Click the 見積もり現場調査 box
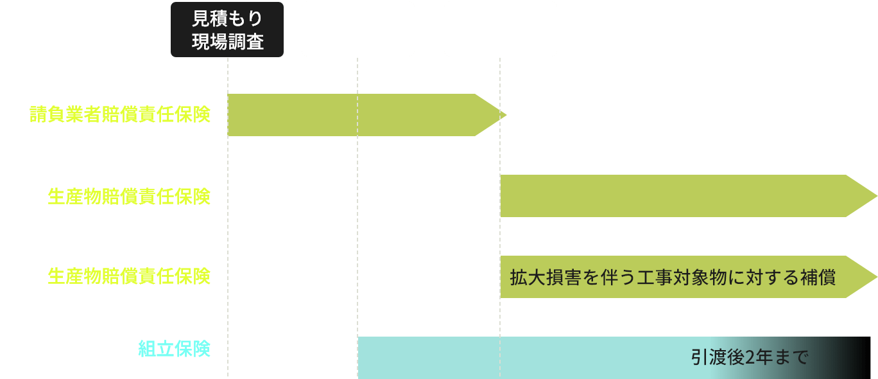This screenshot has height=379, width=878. [x=227, y=30]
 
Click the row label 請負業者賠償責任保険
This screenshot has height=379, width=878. [x=120, y=115]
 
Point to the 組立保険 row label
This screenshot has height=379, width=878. [x=175, y=349]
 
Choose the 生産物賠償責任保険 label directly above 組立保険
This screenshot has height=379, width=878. [x=129, y=276]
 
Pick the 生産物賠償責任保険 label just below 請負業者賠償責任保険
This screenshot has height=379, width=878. [x=129, y=196]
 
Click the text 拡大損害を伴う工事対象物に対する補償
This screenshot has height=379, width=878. [x=673, y=278]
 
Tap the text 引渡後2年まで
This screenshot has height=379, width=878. [x=749, y=357]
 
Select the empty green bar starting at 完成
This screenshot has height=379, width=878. [x=674, y=196]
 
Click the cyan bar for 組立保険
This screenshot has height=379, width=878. [x=513, y=358]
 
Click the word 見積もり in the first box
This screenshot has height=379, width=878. [x=227, y=19]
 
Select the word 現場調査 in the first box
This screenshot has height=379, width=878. [x=227, y=42]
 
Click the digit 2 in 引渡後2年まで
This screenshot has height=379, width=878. [x=752, y=357]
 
